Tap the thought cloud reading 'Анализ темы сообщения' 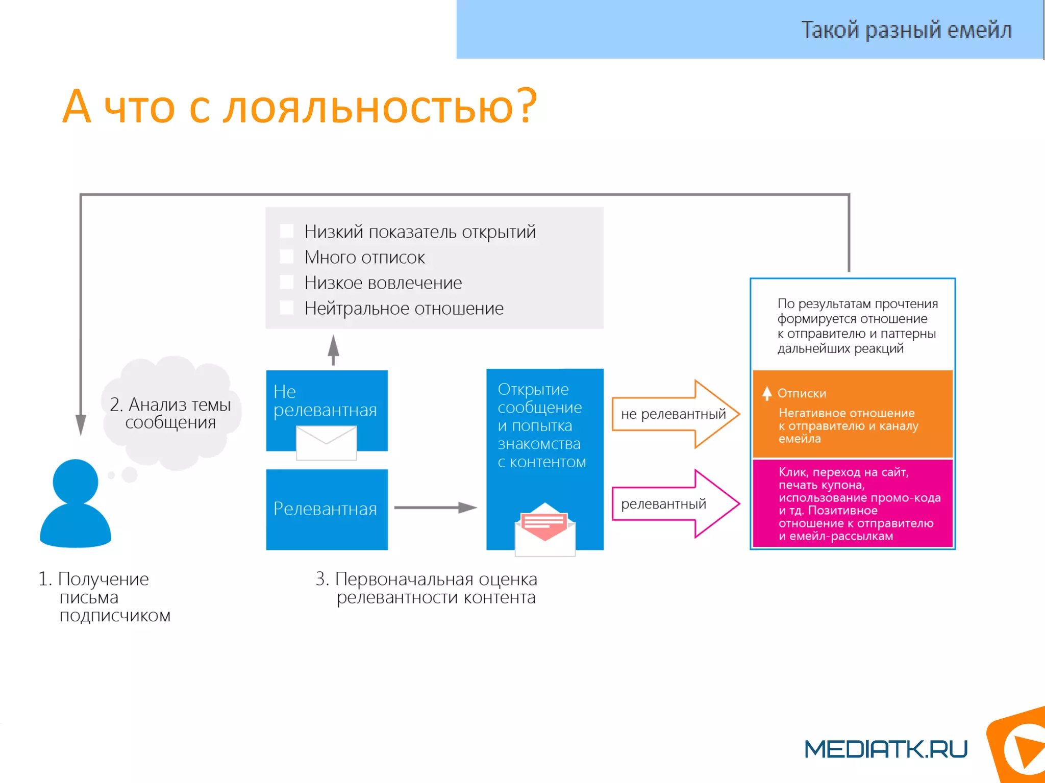click(171, 413)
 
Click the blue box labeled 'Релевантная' click(327, 509)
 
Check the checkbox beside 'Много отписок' click(287, 257)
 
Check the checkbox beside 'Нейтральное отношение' click(287, 308)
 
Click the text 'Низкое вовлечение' click(383, 283)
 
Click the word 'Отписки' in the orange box click(802, 393)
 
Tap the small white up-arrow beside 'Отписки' click(767, 393)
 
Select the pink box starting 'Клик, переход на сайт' click(852, 503)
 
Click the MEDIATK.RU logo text click(886, 749)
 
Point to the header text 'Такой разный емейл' click(906, 30)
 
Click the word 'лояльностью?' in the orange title click(380, 107)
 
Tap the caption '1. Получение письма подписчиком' click(105, 597)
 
